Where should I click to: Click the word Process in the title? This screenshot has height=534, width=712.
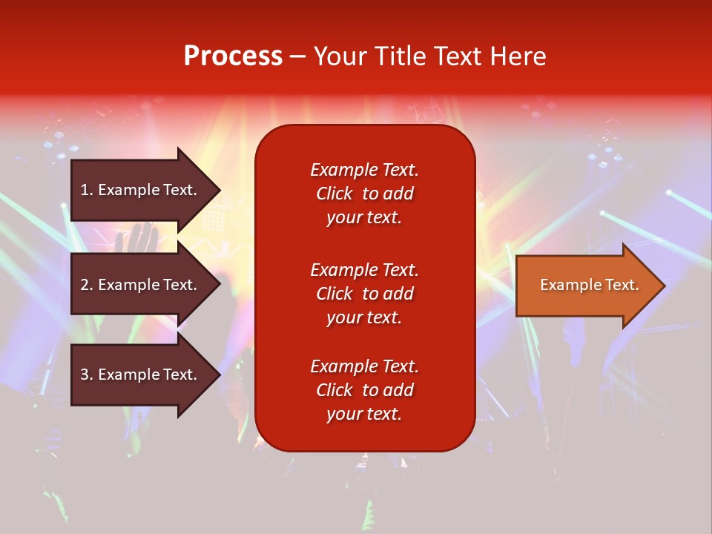pos(233,56)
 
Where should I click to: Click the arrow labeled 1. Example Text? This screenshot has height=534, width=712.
pos(141,190)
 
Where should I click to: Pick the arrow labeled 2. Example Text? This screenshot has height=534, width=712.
pos(141,285)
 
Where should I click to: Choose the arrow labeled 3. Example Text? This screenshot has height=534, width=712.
pos(141,375)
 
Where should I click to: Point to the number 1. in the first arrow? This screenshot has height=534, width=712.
pos(87,190)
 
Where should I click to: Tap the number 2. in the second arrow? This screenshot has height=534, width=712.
pos(87,285)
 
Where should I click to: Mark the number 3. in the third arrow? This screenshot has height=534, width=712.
pos(87,375)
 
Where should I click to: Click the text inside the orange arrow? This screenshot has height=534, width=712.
pos(589,285)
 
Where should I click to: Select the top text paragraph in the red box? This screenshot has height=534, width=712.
pos(364,194)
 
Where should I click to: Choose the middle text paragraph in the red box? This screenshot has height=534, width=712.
pos(364,293)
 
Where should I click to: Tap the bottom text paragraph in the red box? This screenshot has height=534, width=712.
pos(364,390)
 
